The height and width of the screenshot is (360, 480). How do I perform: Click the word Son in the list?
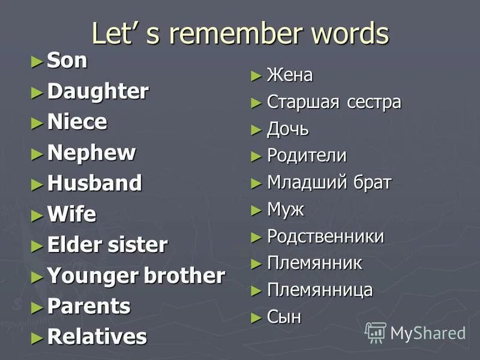point(67,61)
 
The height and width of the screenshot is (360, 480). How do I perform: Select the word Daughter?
point(98,92)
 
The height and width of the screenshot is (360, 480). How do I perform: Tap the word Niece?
point(77,122)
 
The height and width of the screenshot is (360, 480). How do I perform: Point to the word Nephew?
point(91,153)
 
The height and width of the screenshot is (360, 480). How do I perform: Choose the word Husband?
point(94,183)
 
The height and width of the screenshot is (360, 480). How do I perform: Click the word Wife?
point(71,214)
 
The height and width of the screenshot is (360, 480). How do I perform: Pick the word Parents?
point(88,306)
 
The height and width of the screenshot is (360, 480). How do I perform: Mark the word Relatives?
point(97,337)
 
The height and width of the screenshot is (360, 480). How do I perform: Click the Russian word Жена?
point(290,76)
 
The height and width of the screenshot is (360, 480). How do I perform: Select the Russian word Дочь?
point(288,129)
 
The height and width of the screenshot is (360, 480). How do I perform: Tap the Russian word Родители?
point(307,156)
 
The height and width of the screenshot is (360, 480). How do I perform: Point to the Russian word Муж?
point(286,210)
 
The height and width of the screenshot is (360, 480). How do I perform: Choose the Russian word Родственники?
point(325,236)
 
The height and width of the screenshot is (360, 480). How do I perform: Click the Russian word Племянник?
point(314,263)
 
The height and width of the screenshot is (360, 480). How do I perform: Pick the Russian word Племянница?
point(320,290)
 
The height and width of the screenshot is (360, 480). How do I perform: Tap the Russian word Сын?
point(284,317)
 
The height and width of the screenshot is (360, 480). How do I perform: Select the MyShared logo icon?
point(376,332)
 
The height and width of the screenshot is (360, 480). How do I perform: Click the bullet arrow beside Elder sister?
point(37,245)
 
